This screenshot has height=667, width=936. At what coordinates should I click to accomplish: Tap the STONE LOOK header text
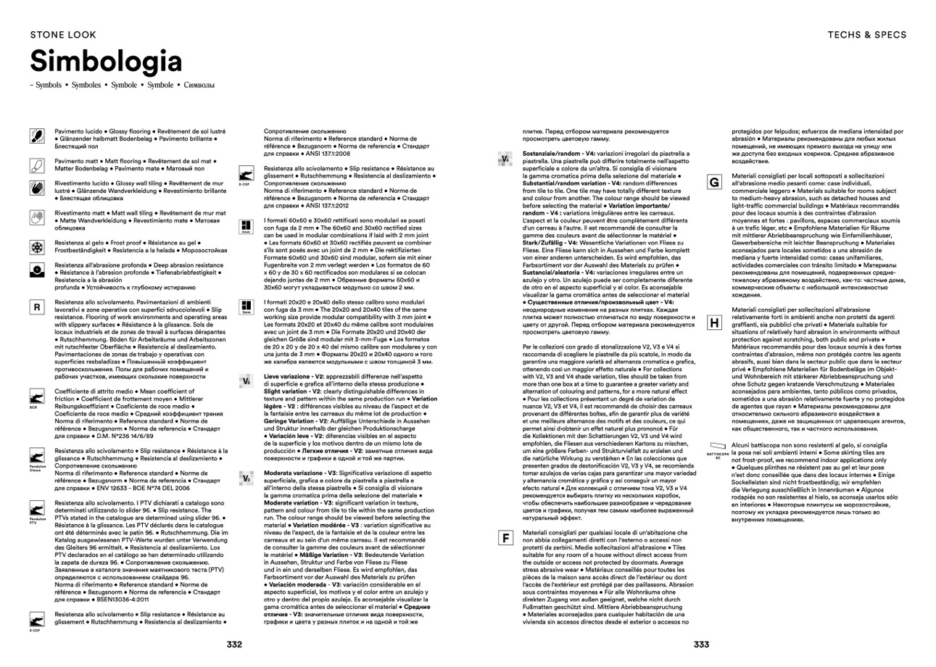coord(63,35)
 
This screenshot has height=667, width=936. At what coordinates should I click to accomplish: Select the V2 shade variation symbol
coord(247,381)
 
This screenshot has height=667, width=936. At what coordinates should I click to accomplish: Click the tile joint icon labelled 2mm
coord(247,226)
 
